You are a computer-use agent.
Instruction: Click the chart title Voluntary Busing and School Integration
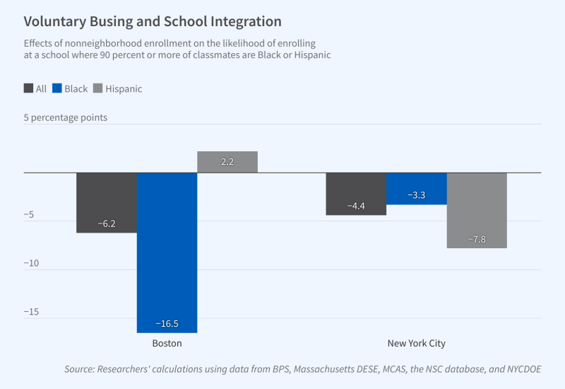click(x=153, y=22)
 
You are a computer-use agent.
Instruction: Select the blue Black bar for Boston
click(x=167, y=252)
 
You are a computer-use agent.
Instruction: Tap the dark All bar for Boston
click(x=106, y=202)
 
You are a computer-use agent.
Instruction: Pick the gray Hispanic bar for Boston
click(x=227, y=162)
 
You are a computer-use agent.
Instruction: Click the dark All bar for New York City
click(x=356, y=193)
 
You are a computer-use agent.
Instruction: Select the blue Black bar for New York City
click(x=417, y=188)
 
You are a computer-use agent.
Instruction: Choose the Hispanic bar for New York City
click(x=477, y=210)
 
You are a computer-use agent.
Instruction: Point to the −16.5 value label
click(x=167, y=324)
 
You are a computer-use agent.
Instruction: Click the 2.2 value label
click(x=227, y=162)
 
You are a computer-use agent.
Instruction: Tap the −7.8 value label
click(x=477, y=239)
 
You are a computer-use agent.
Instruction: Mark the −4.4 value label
click(x=356, y=206)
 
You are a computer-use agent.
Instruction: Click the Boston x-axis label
click(x=167, y=344)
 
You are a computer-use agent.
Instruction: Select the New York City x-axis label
click(x=417, y=344)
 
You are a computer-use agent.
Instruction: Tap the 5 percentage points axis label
click(x=66, y=117)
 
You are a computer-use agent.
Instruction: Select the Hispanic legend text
click(x=124, y=89)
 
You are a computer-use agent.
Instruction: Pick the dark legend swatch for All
click(x=28, y=89)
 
